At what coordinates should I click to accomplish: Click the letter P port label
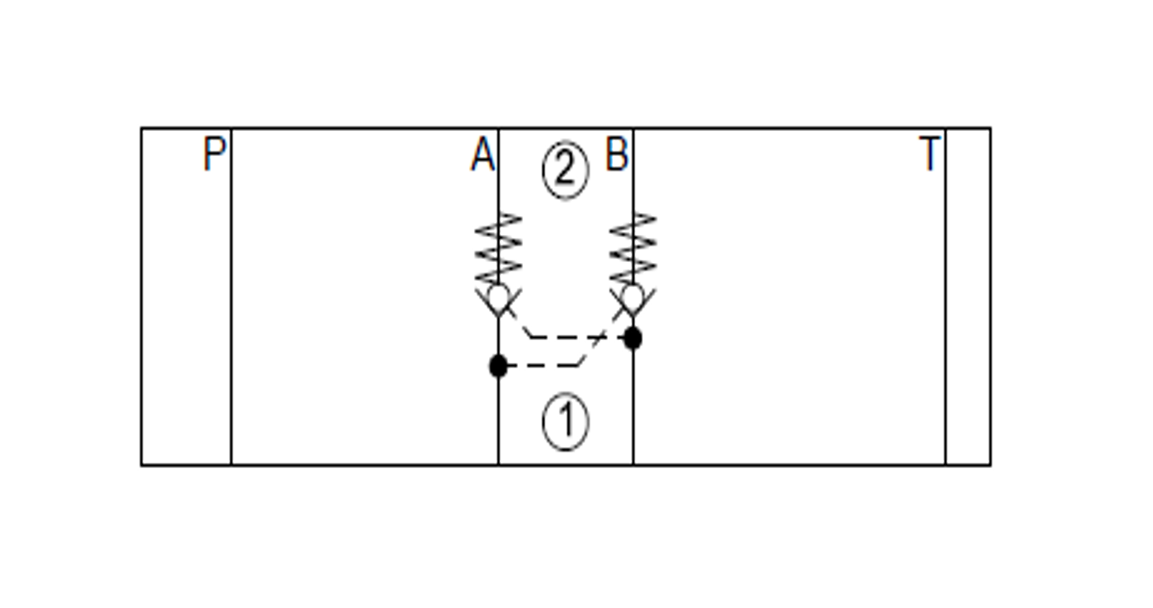[215, 154]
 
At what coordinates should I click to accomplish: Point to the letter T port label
[929, 154]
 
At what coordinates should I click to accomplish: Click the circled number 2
[565, 170]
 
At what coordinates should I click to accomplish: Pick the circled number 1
[565, 421]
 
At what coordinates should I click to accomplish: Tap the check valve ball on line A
[498, 296]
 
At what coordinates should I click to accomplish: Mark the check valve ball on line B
[633, 296]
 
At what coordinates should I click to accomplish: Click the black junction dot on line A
[498, 366]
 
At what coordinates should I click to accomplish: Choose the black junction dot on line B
[633, 338]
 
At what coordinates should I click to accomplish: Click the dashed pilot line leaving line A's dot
[544, 365]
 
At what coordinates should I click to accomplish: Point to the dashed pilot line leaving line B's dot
[572, 337]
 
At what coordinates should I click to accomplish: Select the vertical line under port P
[231, 315]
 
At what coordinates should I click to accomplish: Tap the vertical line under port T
[946, 315]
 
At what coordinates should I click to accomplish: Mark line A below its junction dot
[498, 418]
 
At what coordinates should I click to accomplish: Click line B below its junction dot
[633, 406]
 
